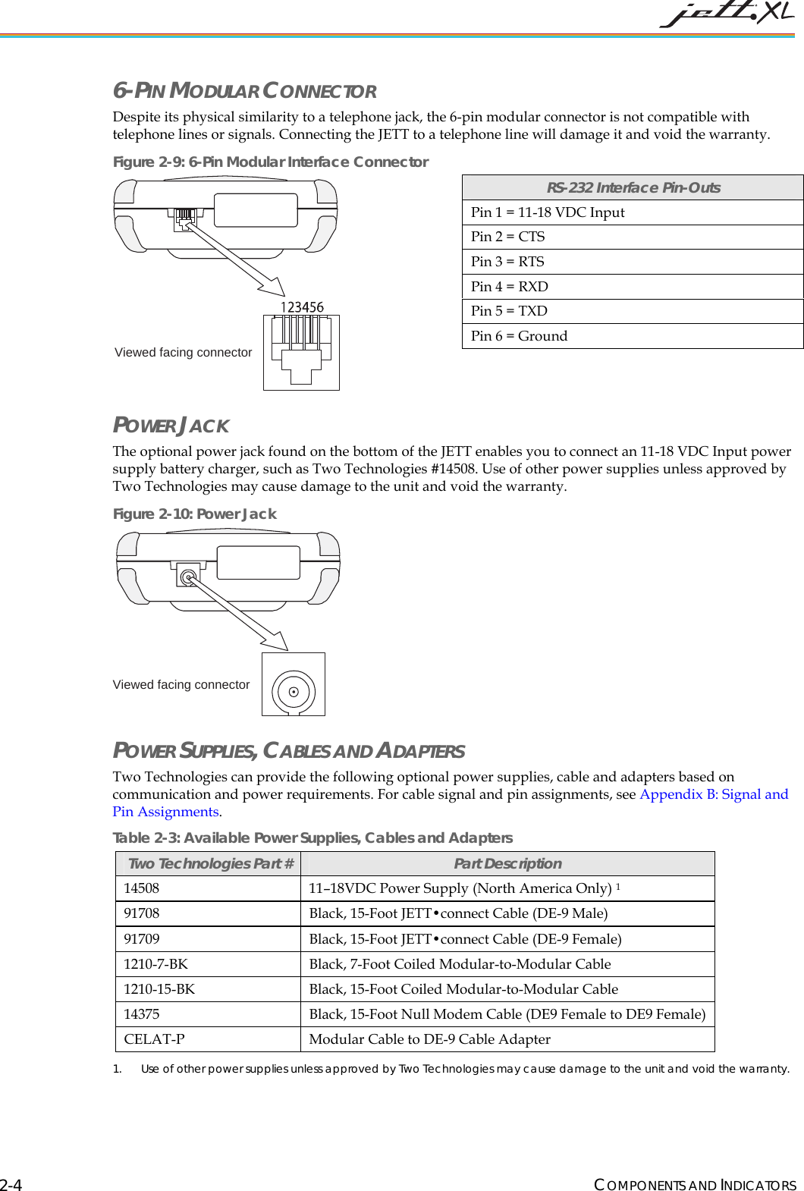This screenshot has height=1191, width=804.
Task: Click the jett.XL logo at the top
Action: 727,14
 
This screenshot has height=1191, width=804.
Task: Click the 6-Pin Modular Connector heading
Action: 244,91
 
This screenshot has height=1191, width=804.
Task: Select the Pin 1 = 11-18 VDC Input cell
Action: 548,212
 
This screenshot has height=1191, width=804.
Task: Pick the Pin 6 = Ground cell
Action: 520,336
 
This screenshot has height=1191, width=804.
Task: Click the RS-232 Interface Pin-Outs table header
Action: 633,187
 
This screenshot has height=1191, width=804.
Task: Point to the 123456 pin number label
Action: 302,307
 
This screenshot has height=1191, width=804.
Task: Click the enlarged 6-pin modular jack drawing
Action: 301,353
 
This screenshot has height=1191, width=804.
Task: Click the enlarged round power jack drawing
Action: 294,684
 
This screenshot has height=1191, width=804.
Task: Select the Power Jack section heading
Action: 171,426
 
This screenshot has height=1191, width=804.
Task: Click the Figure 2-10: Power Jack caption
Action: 194,514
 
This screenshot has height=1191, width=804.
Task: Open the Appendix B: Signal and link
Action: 713,794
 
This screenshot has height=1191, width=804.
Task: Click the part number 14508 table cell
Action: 142,888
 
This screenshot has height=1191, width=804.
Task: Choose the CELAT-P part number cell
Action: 154,1039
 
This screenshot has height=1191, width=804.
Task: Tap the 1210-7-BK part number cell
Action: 156,964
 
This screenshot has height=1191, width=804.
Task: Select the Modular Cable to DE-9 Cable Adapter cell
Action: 429,1039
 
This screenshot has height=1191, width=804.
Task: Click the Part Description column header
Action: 507,863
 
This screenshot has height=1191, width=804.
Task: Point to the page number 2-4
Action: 11,1185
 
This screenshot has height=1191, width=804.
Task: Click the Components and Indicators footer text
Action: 695,1185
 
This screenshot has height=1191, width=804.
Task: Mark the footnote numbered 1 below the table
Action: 451,1069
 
